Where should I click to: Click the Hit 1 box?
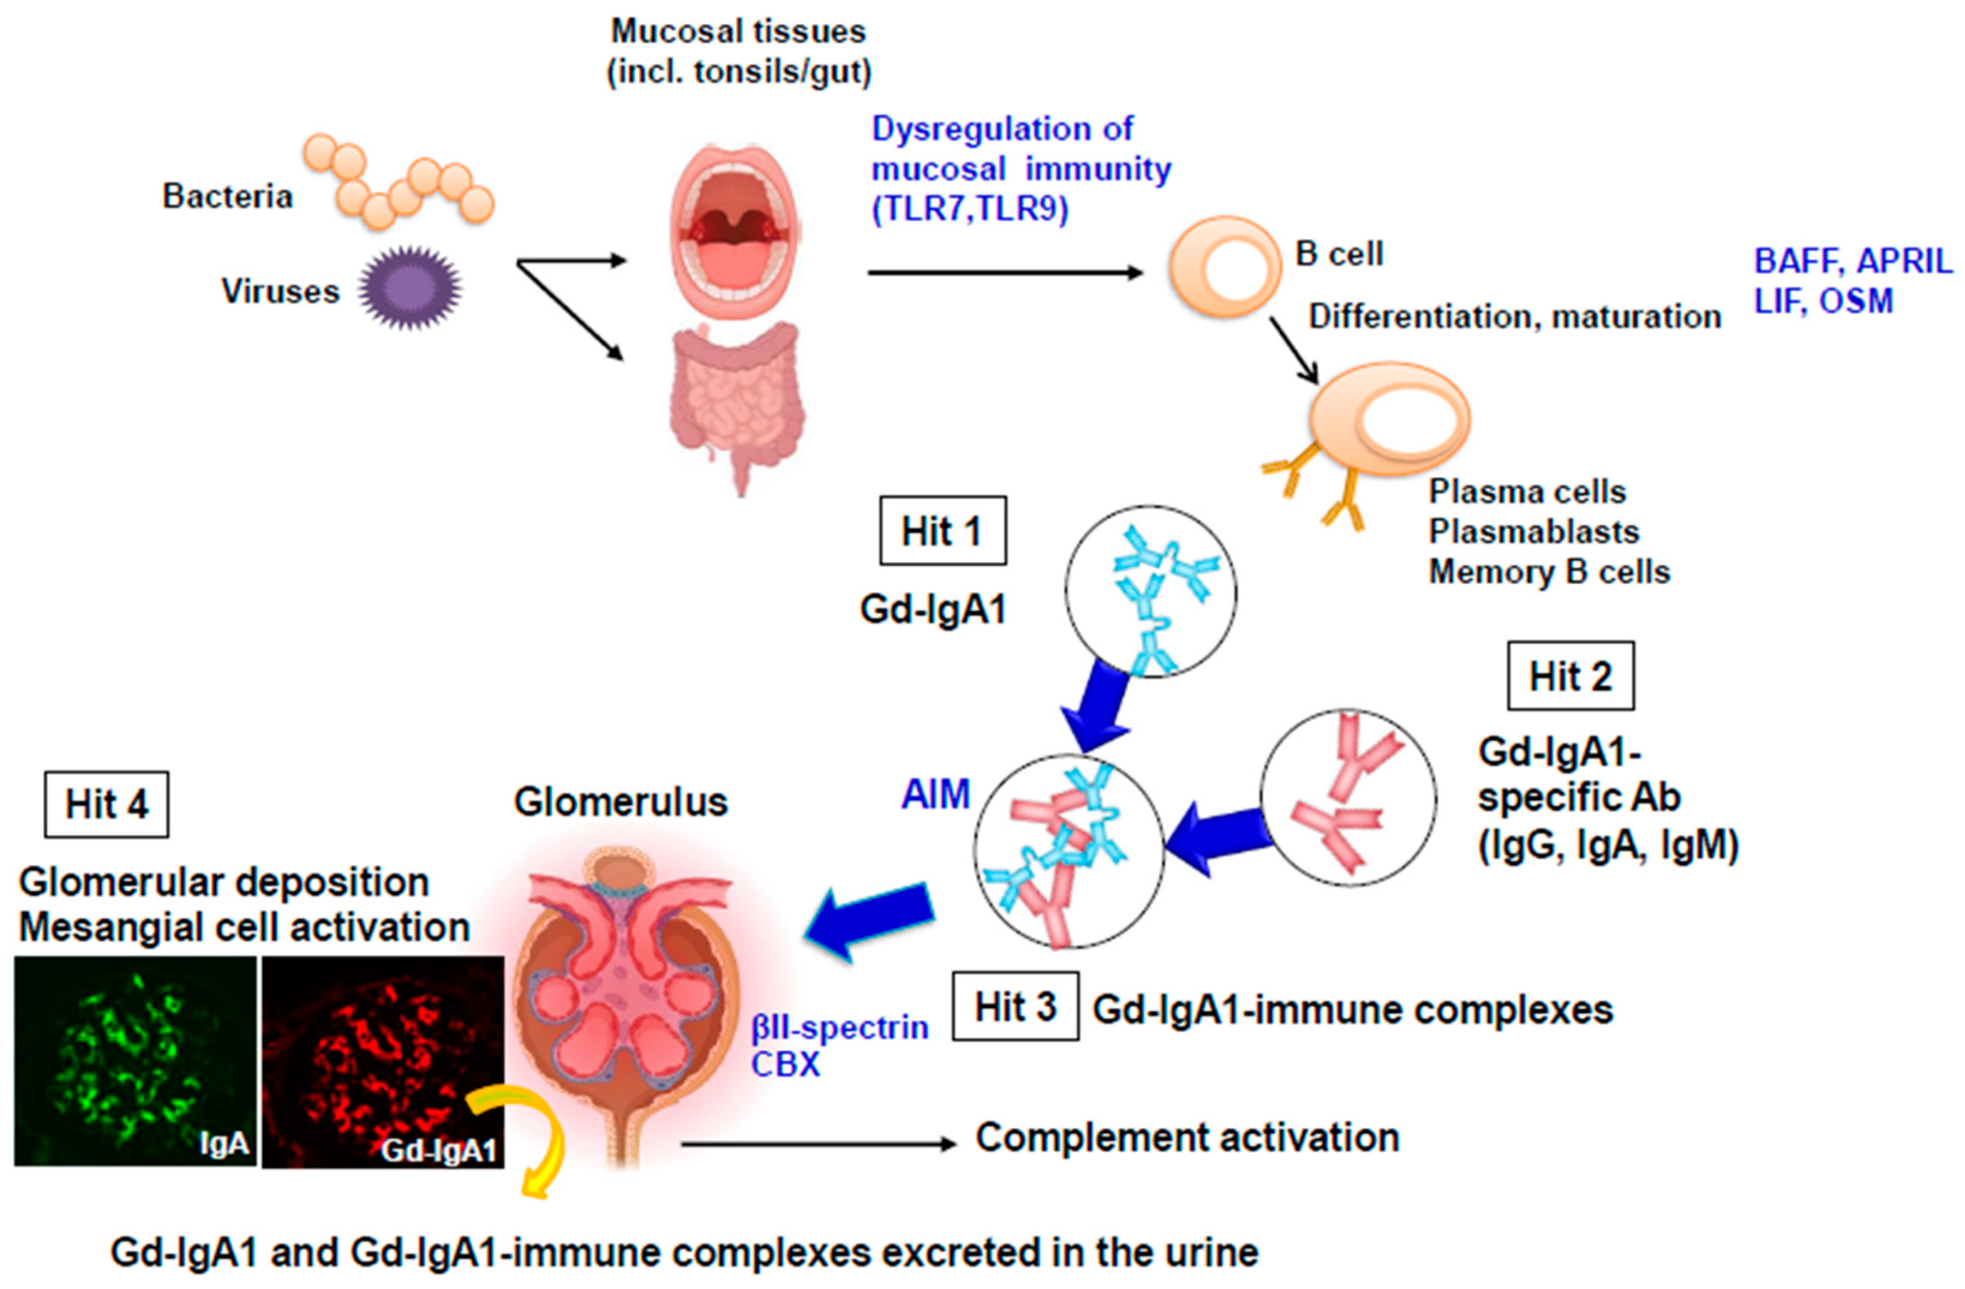(x=942, y=531)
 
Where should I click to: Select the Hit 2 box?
(x=1569, y=676)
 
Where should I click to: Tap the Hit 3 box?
(x=1015, y=1006)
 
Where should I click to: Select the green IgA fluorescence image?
(x=134, y=1061)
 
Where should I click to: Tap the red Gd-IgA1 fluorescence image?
(x=382, y=1061)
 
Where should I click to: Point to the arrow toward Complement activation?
(x=817, y=1144)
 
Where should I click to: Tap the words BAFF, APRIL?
(x=1853, y=261)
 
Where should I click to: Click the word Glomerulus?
(x=620, y=802)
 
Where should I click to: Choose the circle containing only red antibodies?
(x=1347, y=798)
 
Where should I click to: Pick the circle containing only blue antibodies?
(x=1150, y=592)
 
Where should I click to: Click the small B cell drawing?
(x=1224, y=266)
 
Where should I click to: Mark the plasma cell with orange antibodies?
(x=1387, y=421)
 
